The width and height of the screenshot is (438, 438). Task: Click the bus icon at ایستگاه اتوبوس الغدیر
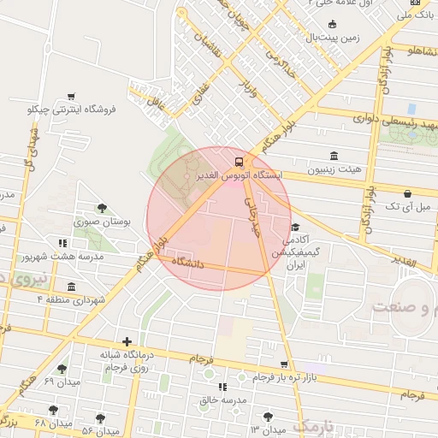point(239,161)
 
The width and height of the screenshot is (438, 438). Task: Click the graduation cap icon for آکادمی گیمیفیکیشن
point(295,228)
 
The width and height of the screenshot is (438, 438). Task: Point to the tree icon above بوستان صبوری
point(102,208)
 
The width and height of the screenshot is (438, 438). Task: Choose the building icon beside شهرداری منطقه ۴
point(70,287)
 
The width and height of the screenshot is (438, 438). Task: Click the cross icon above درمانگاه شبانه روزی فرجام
point(127,341)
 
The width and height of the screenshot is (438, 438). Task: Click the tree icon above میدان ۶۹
point(62,369)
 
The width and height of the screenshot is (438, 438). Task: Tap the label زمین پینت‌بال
point(323,38)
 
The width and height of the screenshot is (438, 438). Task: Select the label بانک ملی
point(417,15)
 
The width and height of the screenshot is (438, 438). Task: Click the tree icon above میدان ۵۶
point(100,418)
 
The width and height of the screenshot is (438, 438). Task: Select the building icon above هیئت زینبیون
point(334,156)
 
